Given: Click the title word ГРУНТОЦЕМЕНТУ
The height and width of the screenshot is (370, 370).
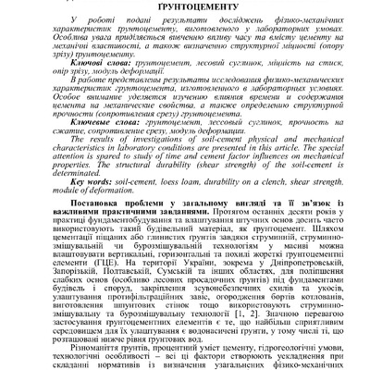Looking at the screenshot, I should [x=184, y=5].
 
